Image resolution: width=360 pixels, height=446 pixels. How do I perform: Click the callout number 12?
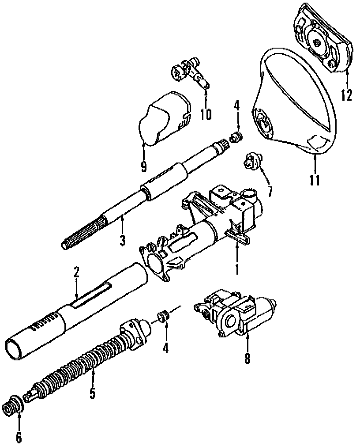point(346,94)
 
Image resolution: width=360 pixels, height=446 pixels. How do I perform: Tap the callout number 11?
point(315,180)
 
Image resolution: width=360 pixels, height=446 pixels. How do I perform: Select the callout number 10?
point(206,114)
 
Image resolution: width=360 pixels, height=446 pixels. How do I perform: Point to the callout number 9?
point(143,166)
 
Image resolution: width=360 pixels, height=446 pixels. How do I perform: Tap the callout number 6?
point(19,437)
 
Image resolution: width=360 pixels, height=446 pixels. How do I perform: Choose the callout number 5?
point(92,393)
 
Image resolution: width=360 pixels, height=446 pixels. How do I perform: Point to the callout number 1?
point(236,268)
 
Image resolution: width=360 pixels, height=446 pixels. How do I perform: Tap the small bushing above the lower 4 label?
point(163,317)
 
